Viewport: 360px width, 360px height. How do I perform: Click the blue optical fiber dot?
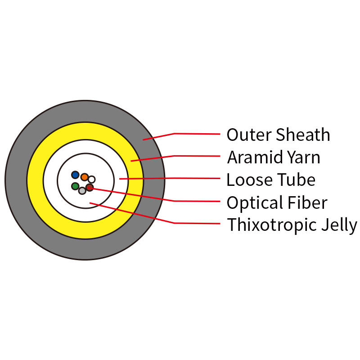(x=75, y=175)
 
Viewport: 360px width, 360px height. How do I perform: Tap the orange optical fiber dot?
(x=84, y=177)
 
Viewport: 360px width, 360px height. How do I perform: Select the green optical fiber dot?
(x=75, y=186)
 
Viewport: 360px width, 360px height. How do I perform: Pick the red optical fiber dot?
(x=90, y=187)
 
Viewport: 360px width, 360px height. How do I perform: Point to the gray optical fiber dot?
(x=82, y=191)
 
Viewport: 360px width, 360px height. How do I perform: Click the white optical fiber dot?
(x=92, y=180)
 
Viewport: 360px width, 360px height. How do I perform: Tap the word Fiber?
(x=309, y=202)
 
